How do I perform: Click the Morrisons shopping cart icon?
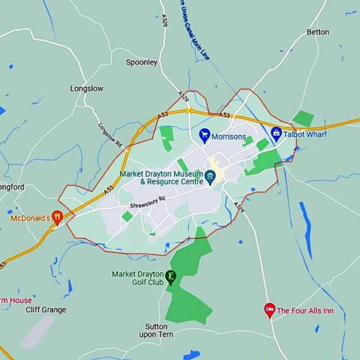tap(204, 135)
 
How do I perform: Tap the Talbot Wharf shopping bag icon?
tap(276, 134)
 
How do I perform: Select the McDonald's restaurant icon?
tap(57, 218)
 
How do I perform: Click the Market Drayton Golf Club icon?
tap(171, 277)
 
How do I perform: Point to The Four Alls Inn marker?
tap(269, 310)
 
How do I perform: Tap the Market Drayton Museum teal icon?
tap(211, 177)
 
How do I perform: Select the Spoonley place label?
tap(142, 62)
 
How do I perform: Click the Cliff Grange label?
tap(46, 310)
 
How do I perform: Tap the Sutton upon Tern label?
tap(162, 331)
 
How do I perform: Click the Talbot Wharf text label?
tap(305, 134)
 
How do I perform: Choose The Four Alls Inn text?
tap(305, 310)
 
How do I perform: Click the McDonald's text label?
tap(30, 218)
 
